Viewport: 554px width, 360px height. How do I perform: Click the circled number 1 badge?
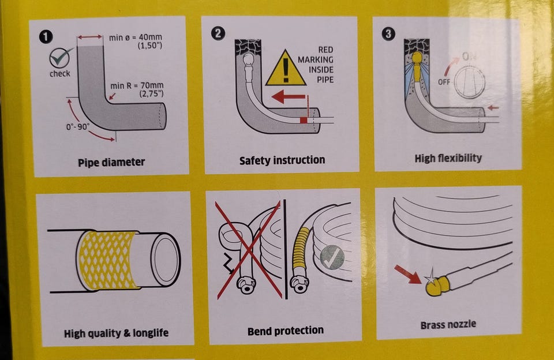point(46,37)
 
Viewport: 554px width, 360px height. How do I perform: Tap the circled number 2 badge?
point(218,33)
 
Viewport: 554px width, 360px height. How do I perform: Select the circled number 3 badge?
point(388,34)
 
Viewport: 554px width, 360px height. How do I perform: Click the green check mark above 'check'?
point(60,57)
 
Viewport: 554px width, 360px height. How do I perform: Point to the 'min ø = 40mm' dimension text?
point(135,37)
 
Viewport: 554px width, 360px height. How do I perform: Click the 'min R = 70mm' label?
point(137,85)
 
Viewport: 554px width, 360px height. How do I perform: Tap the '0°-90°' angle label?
point(78,126)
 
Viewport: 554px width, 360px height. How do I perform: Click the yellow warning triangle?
point(286,68)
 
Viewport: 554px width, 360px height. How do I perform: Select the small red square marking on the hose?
point(304,120)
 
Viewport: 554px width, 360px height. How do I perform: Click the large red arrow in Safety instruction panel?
point(289,96)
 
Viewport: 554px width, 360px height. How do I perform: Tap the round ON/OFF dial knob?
point(470,82)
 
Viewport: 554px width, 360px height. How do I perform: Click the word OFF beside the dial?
point(444,82)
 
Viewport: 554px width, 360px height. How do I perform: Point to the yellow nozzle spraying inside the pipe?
point(418,66)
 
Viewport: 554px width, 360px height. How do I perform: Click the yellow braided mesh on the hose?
point(107,260)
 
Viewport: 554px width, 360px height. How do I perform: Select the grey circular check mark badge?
point(332,257)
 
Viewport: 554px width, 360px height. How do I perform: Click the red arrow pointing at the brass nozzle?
point(408,275)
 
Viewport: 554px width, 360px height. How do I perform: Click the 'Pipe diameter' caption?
point(111,162)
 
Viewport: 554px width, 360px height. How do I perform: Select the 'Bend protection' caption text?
point(286,331)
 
